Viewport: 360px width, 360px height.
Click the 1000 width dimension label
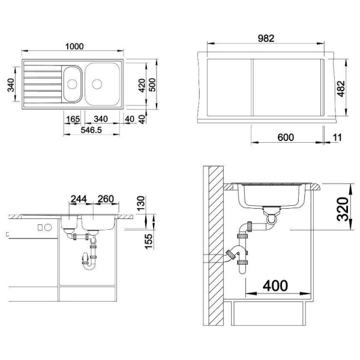(x=74, y=46)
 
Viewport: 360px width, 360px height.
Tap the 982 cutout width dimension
(x=266, y=38)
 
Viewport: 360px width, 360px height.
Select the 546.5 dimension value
(x=91, y=130)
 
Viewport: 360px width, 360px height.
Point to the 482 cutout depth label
(x=341, y=89)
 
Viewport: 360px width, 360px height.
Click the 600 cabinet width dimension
(x=286, y=137)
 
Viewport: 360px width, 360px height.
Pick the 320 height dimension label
(x=343, y=209)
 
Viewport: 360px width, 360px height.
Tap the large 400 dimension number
(x=275, y=286)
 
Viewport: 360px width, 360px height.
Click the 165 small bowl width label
(x=73, y=119)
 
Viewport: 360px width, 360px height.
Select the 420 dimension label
(x=142, y=85)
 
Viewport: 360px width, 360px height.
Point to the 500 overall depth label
(x=152, y=85)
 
